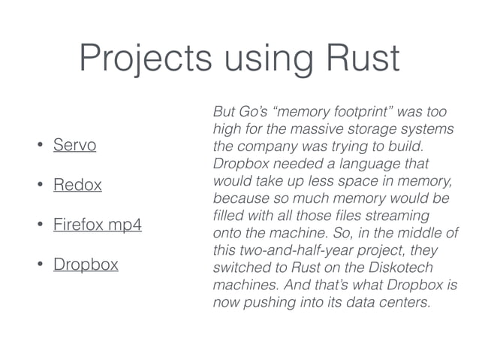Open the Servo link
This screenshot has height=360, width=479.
click(x=74, y=144)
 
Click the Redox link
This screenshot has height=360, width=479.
click(x=77, y=185)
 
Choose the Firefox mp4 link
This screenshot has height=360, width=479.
click(x=97, y=225)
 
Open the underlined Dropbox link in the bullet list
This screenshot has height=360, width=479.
click(x=86, y=265)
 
